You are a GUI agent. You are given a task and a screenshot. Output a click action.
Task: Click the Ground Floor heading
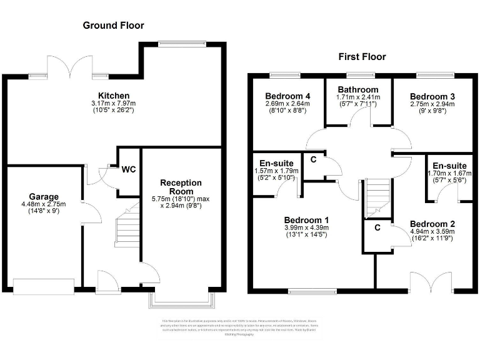coord(114,26)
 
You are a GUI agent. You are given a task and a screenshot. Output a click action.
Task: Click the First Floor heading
coord(362,57)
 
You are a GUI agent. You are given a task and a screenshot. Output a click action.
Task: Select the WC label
coord(129,169)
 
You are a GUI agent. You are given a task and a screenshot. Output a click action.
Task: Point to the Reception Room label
coord(181,187)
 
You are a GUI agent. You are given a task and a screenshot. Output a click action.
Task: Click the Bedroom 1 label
coord(307,220)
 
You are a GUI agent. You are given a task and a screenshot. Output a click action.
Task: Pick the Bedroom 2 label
coord(432,224)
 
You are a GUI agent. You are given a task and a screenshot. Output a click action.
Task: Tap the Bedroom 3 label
coord(432,96)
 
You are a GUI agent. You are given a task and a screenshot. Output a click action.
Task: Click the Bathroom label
coord(357,90)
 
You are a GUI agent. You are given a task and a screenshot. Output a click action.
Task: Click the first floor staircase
coord(377,196)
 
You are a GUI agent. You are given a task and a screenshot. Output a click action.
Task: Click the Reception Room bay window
coord(181,301)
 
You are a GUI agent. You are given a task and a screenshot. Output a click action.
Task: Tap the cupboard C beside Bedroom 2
coord(377,228)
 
